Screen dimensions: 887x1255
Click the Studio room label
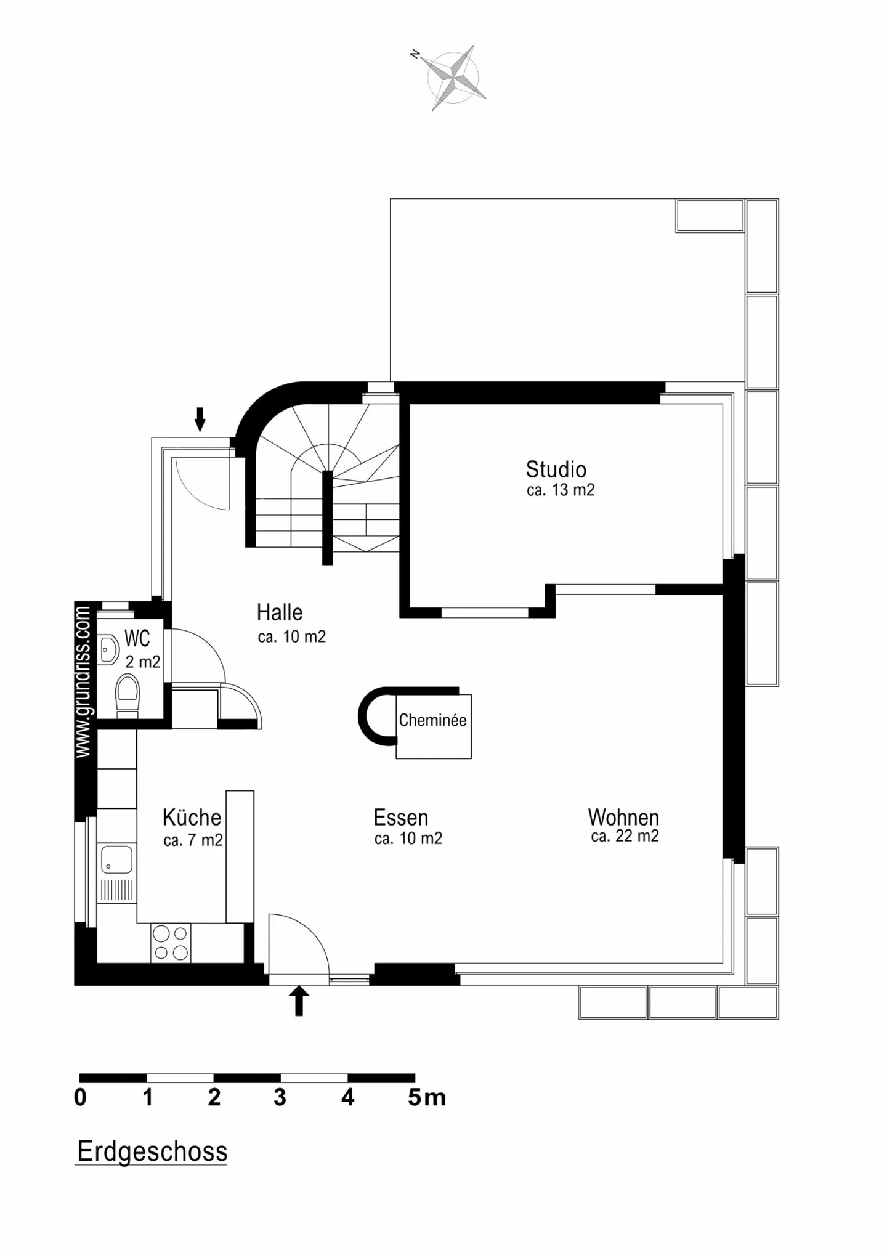(556, 469)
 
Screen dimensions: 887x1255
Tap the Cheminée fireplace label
(432, 720)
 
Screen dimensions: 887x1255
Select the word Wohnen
(623, 818)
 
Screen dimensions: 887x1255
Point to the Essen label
(400, 818)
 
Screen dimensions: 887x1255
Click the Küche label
(192, 817)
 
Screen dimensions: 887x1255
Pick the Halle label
(280, 612)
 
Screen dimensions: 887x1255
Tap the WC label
(137, 638)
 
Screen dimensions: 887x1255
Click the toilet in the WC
(128, 696)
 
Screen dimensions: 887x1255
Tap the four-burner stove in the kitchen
(171, 943)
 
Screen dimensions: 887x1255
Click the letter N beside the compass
(415, 55)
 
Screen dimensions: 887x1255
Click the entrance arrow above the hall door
(200, 419)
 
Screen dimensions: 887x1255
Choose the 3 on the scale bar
(280, 1097)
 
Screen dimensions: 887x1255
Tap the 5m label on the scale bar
(426, 1097)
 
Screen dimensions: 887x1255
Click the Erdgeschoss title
(153, 1151)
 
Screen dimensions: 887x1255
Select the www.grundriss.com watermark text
(83, 682)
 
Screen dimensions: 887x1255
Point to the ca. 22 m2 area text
(625, 836)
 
